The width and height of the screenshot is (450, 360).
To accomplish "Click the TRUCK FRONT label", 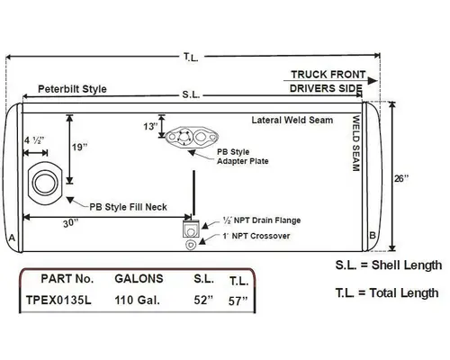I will tap(326, 75).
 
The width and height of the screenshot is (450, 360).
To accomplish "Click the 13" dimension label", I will tap(148, 127).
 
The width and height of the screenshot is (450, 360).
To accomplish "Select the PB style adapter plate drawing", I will tap(188, 139).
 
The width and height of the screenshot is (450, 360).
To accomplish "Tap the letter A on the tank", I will tap(12, 237).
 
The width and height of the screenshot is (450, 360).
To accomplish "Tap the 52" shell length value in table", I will tap(203, 301).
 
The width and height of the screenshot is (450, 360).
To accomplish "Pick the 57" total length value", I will tap(238, 301).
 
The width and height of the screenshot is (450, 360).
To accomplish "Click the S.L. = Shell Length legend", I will tap(389, 265).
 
